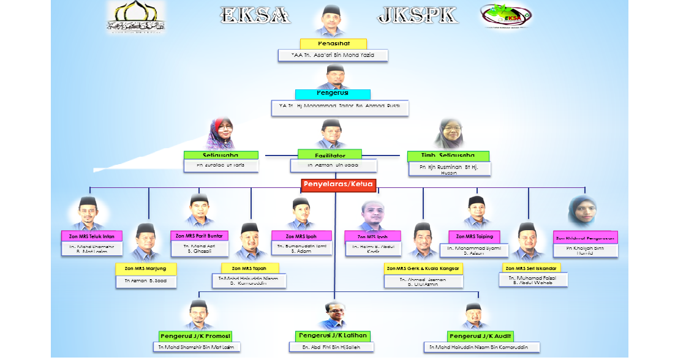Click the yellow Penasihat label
pos(333,44)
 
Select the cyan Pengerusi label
pos(333,94)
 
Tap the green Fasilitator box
pos(330,156)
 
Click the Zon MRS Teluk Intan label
pos(92,236)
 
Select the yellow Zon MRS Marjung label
pos(146,268)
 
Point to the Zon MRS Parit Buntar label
pos(200,236)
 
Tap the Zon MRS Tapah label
pos(251,268)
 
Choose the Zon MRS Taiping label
pos(475,236)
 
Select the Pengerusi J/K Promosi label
pos(195,336)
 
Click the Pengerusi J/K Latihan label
pos(333,336)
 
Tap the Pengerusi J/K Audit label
pos(480,336)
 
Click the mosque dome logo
pos(135,16)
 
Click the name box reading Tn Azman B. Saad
pos(146,281)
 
